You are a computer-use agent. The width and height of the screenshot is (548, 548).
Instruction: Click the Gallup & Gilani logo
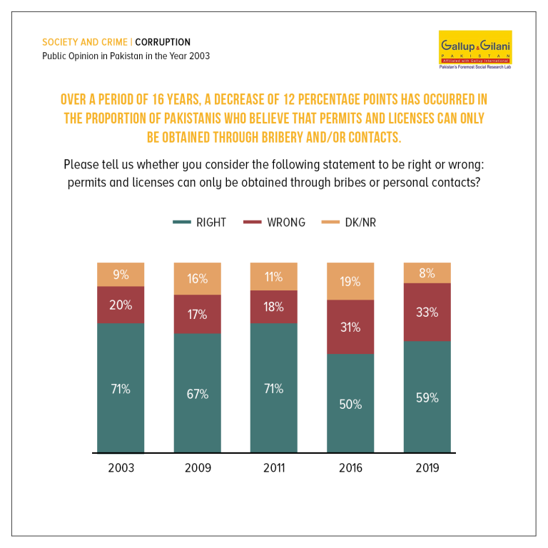click(475, 50)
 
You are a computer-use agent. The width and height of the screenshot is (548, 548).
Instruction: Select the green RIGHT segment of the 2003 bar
click(121, 388)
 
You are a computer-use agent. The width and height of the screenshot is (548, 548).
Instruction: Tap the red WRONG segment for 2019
click(427, 312)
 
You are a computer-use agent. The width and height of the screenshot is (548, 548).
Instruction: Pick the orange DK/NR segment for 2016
click(350, 281)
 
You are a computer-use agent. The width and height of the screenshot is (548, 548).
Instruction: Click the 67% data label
click(198, 394)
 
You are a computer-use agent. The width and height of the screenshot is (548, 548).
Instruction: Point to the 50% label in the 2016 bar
click(350, 405)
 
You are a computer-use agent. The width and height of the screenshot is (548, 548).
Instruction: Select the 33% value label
click(427, 312)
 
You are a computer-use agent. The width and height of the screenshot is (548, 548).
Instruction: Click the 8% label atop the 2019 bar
click(427, 273)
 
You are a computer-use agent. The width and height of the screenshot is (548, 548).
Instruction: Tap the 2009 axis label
click(198, 468)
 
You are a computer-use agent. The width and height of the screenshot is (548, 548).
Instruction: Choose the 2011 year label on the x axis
click(274, 468)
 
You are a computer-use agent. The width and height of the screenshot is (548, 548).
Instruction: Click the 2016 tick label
click(350, 468)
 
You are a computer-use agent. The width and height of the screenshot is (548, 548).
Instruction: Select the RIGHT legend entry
click(200, 223)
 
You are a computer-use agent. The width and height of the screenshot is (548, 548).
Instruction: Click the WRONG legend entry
click(274, 223)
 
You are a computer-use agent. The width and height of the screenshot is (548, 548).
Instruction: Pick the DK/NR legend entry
click(349, 223)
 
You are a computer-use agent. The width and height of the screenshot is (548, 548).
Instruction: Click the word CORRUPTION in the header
click(163, 42)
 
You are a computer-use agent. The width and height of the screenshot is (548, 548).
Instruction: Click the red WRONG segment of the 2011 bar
click(274, 307)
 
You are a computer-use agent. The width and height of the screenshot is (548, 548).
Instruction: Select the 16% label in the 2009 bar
click(198, 279)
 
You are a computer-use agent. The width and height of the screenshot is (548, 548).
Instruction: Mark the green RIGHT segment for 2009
click(198, 393)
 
